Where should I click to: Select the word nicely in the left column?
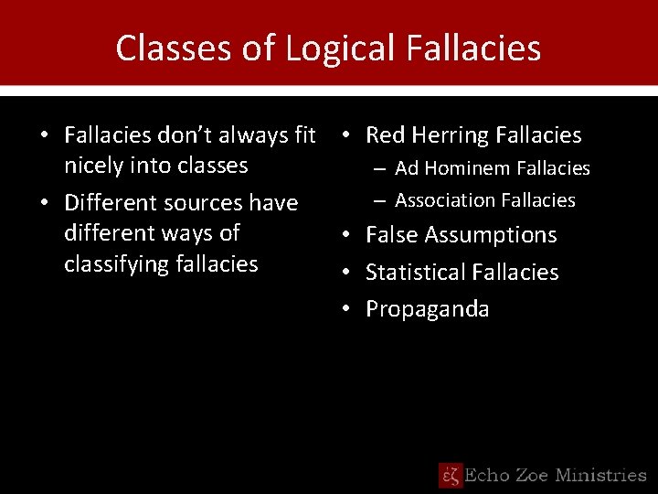94,166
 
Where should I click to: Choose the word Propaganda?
427,309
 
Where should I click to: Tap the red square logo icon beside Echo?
451,475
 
